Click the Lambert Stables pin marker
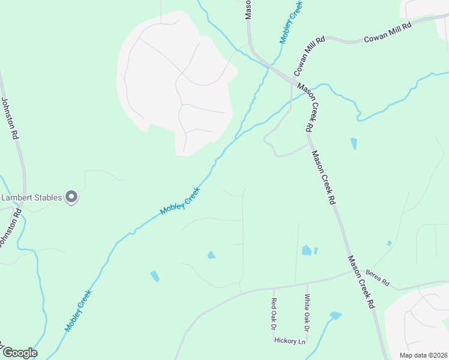pyautogui.click(x=71, y=197)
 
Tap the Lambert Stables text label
pyautogui.click(x=33, y=197)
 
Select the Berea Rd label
pyautogui.click(x=378, y=277)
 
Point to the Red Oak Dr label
pyautogui.click(x=274, y=314)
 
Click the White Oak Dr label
pyautogui.click(x=306, y=313)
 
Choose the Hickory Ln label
pyautogui.click(x=290, y=340)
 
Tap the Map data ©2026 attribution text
pyautogui.click(x=423, y=355)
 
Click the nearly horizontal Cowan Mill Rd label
pyautogui.click(x=388, y=33)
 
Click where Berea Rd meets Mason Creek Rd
pyautogui.click(x=352, y=272)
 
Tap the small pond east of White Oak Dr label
pyautogui.click(x=336, y=315)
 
